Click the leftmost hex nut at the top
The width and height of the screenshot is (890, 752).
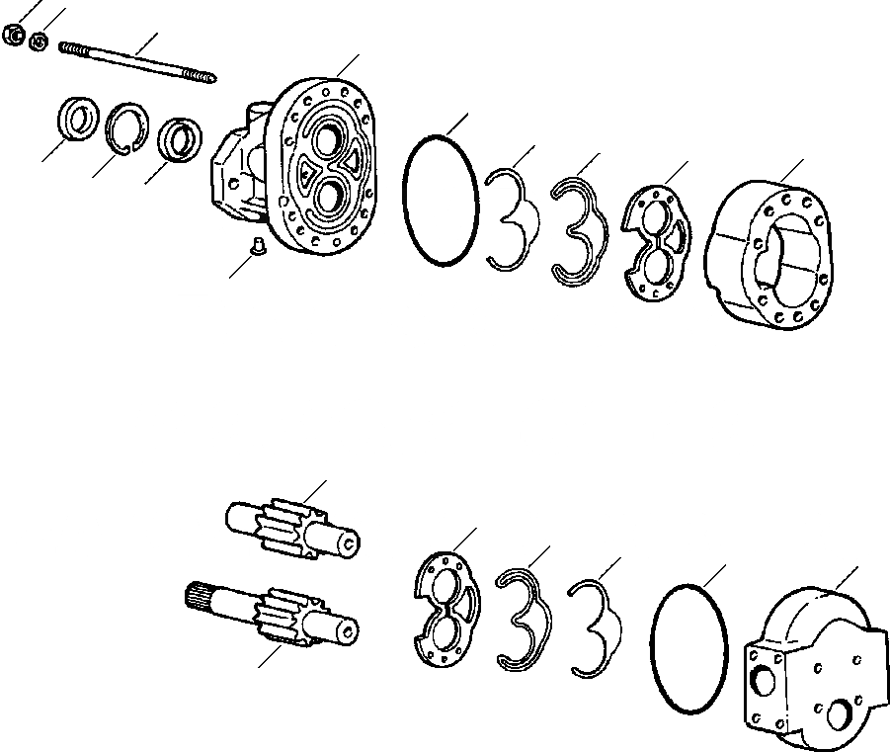coord(14,37)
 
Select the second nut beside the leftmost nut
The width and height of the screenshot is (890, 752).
coord(40,41)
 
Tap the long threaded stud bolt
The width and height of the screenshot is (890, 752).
coord(138,61)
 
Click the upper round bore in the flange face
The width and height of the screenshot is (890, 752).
coord(325,133)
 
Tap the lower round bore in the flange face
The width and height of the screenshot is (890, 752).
coord(328,197)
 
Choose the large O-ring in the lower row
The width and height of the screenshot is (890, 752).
coord(688,647)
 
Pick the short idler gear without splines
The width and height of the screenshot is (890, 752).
coord(291,525)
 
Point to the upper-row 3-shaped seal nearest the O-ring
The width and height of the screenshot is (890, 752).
coord(512,219)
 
